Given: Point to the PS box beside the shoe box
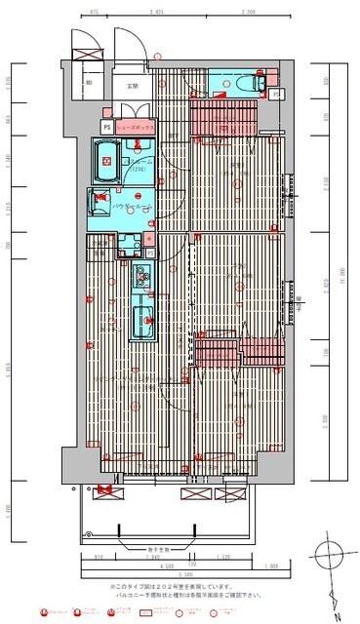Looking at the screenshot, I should pyautogui.click(x=105, y=126).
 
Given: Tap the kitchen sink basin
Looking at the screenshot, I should pyautogui.click(x=142, y=321).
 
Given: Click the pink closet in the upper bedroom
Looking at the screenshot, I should pyautogui.click(x=223, y=118).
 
